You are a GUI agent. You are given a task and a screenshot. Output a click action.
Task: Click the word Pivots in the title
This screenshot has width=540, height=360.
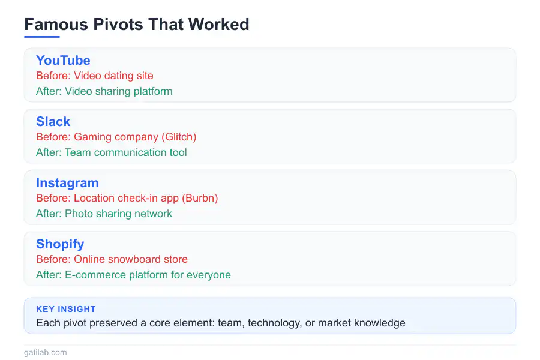pos(115,25)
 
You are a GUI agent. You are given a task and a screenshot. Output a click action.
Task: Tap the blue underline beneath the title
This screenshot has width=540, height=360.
pos(42,37)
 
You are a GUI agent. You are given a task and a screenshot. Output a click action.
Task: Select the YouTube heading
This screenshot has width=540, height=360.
pos(63,61)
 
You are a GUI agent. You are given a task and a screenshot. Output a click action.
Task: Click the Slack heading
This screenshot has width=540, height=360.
pos(53,122)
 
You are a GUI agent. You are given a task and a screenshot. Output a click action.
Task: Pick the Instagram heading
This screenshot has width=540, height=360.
pos(67,183)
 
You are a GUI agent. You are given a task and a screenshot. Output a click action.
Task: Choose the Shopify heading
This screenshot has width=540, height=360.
pos(60,244)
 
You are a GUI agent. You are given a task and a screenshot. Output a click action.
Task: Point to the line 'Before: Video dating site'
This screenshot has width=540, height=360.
pos(95,76)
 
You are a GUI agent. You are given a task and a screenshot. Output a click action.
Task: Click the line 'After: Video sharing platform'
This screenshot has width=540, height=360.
pos(104,92)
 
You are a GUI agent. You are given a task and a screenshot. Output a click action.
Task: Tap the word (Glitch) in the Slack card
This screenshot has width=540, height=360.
pos(178,137)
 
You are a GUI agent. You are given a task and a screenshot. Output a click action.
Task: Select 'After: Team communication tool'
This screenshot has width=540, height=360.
pos(112,153)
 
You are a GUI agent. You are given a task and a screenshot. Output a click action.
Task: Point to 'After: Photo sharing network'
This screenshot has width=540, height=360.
pos(104,214)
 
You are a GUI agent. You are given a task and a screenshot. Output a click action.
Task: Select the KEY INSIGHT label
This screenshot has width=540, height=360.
pos(66,310)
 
